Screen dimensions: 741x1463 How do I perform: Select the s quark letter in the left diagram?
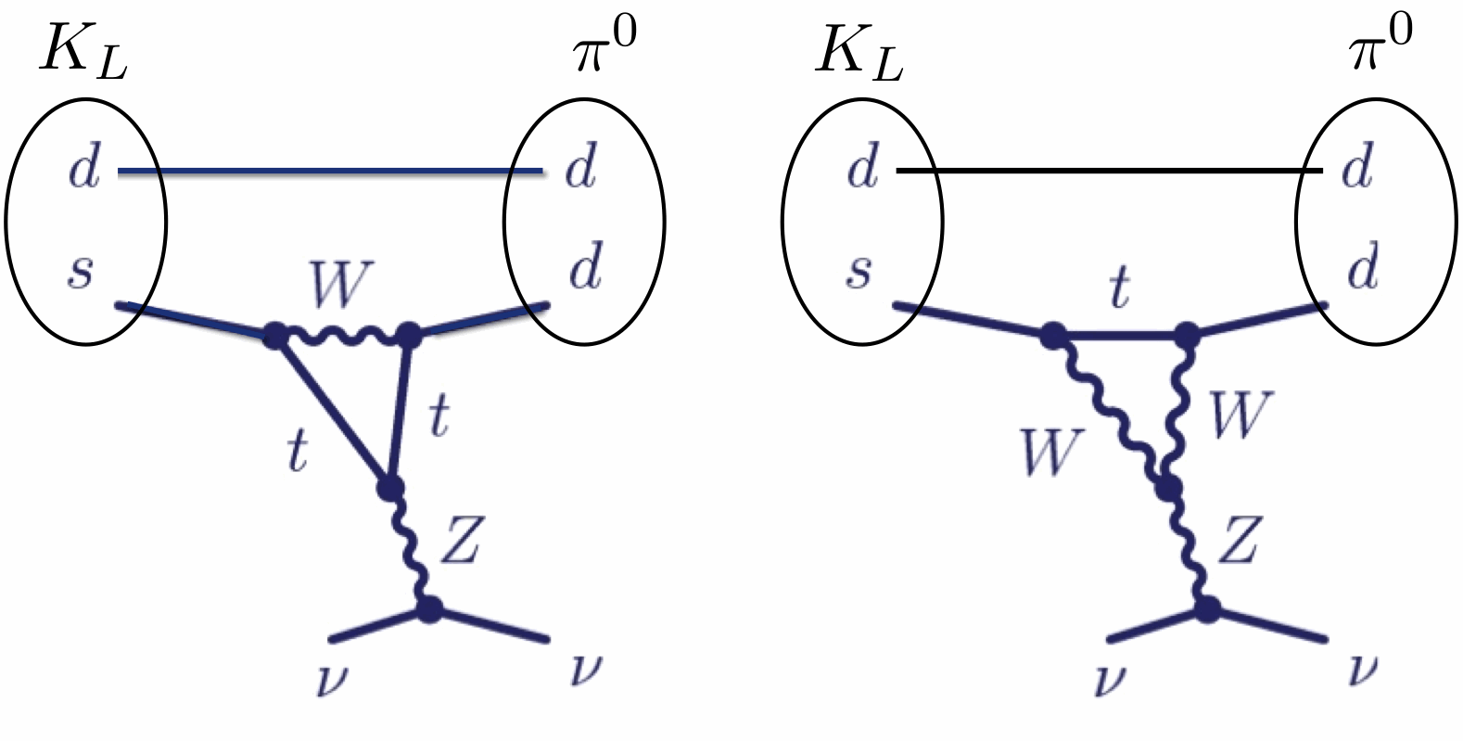tap(82, 272)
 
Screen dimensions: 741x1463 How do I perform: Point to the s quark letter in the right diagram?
tap(859, 272)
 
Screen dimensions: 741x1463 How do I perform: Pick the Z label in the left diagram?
tap(460, 542)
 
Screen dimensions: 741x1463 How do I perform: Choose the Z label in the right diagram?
tap(1238, 542)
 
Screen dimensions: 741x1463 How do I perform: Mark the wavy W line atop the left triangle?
tap(340, 335)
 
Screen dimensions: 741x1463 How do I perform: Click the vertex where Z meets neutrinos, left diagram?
tap(428, 609)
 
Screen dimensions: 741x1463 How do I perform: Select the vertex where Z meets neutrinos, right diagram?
tap(1206, 609)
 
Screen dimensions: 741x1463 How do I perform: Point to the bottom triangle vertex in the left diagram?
tap(390, 487)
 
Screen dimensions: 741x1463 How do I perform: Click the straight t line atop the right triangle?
tap(1119, 337)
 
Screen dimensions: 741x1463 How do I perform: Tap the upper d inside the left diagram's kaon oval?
tap(84, 170)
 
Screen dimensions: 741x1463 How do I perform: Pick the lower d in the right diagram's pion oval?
tap(1361, 269)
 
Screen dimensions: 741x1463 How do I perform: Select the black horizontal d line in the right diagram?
tap(1113, 172)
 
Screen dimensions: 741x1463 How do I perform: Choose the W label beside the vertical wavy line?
tap(1240, 415)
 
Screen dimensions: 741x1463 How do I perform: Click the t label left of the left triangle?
tap(297, 452)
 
